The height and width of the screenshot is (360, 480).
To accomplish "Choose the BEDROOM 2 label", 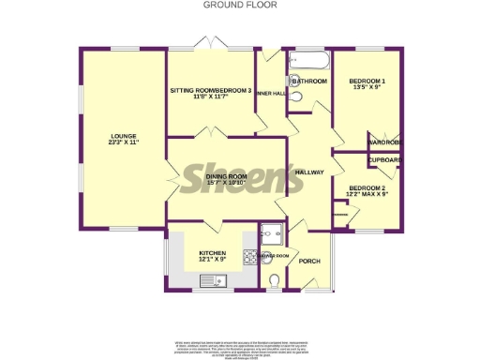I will click(367, 188).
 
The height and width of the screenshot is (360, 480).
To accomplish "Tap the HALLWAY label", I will click(309, 172).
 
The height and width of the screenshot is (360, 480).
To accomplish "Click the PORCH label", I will click(310, 262).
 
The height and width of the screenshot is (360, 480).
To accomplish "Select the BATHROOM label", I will click(309, 82).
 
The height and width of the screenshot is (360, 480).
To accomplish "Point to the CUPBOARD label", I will click(385, 160).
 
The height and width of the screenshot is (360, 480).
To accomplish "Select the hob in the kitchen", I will click(250, 255).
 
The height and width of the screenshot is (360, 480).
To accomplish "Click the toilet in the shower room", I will click(273, 281).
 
